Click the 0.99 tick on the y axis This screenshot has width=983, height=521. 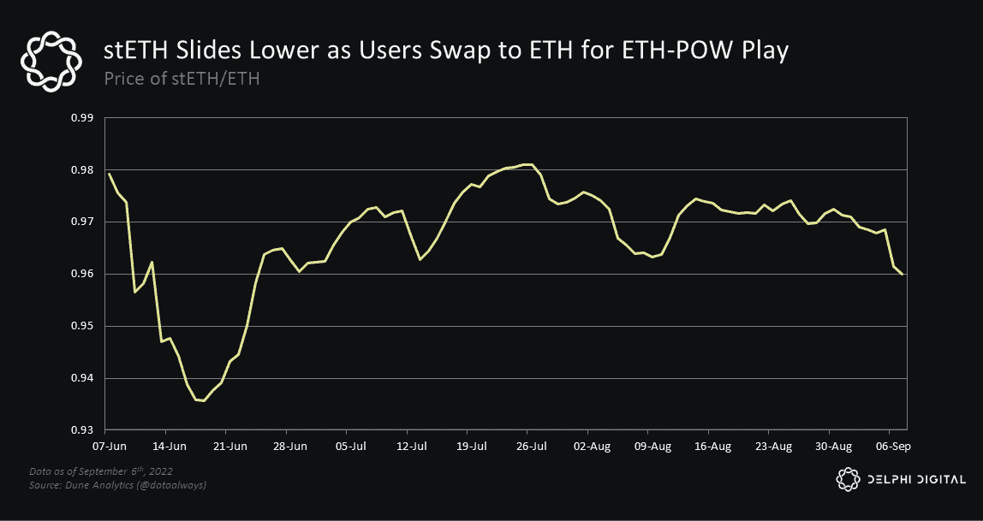click(81, 117)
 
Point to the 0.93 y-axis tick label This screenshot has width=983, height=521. click(81, 430)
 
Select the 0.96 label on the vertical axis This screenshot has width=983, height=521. click(81, 274)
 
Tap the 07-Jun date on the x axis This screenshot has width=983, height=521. click(109, 447)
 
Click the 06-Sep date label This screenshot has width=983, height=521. click(891, 447)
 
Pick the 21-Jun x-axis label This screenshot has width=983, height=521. click(230, 447)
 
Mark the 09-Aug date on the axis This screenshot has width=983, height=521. click(652, 447)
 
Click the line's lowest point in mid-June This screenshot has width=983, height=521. click(203, 400)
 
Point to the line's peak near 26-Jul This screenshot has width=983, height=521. click(529, 164)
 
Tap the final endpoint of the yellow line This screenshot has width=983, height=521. click(903, 274)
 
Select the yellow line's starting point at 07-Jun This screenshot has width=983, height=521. click(109, 174)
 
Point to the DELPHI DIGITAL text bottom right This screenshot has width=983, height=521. click(914, 480)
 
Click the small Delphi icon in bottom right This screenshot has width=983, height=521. click(847, 479)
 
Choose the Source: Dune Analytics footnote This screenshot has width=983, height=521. click(117, 485)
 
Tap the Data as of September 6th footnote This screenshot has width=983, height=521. click(101, 471)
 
